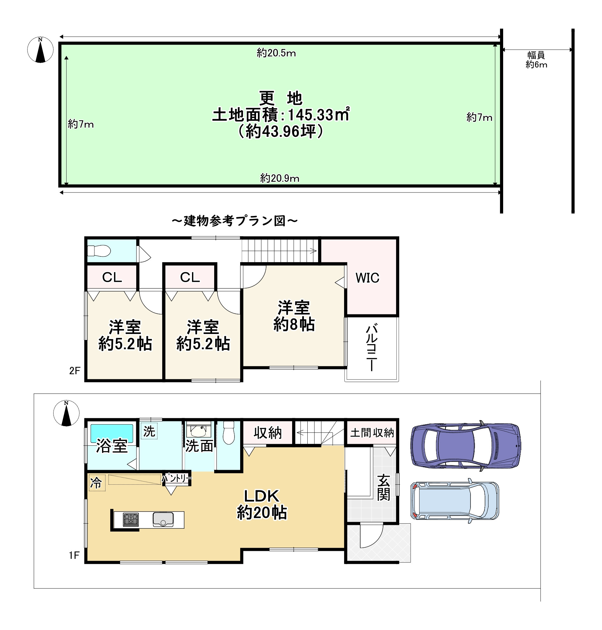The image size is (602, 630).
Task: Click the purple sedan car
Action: coord(466,446)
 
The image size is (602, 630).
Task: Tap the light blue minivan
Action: coord(455,501)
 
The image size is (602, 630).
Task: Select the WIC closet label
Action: coord(368,278)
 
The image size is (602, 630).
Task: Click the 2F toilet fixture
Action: coord(99,251)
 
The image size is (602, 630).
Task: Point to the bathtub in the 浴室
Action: coord(112,433)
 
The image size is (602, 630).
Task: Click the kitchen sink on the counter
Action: coord(163,520)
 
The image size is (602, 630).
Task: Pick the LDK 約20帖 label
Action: coord(262,504)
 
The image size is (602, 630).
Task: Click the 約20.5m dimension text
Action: coord(276,53)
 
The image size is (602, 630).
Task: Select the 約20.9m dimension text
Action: coord(280,178)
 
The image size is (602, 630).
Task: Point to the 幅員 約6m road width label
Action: coord(536,60)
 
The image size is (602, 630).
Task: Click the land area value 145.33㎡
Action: coord(319,115)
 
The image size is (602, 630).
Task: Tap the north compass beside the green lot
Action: coord(41,50)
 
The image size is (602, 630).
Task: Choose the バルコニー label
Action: coord(372,348)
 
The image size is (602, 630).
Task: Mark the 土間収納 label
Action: coord(372,433)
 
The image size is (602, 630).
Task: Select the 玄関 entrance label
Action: coord(383,488)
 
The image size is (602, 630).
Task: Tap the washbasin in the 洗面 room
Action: coord(199,431)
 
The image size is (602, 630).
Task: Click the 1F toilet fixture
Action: coord(229,432)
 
